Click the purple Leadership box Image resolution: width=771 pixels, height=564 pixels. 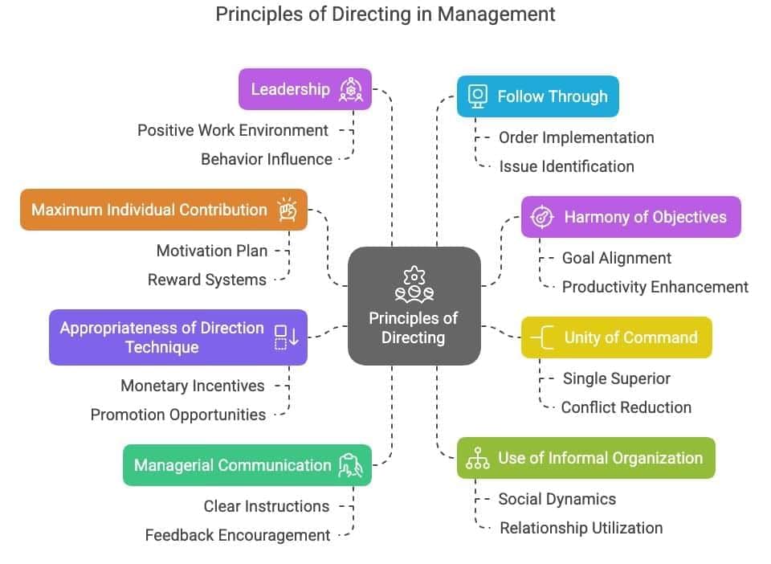tap(304, 89)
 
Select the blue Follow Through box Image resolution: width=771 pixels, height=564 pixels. tap(537, 96)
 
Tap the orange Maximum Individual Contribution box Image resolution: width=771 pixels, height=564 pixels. tap(163, 210)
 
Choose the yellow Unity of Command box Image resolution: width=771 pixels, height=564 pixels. tap(616, 337)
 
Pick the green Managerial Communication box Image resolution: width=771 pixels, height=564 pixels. tap(247, 465)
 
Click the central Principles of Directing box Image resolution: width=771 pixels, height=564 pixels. tap(414, 306)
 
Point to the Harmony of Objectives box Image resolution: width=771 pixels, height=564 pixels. tap(630, 217)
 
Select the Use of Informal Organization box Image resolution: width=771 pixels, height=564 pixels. tap(585, 458)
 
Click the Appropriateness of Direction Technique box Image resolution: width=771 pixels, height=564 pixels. tap(177, 337)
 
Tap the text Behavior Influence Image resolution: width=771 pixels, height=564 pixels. tap(267, 159)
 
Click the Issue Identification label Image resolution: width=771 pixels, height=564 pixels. tap(566, 166)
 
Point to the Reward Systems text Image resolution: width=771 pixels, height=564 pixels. tap(207, 280)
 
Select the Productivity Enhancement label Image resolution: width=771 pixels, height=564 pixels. tap(655, 287)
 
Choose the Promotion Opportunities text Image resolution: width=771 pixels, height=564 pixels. tap(178, 415)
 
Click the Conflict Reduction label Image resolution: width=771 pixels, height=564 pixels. tap(626, 407)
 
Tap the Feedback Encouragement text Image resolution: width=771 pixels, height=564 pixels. tap(238, 535)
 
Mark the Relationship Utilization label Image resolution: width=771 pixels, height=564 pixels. tap(581, 528)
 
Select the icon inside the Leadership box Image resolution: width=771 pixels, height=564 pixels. tap(351, 89)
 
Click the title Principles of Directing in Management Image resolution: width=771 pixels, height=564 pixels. tap(385, 14)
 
